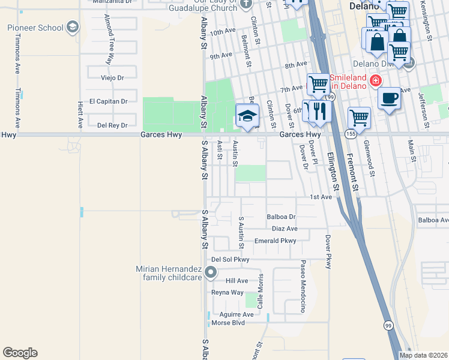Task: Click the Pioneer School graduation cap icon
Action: click(73, 28)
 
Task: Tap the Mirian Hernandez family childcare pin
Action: click(210, 273)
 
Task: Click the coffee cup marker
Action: click(389, 98)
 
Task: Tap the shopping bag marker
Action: click(378, 42)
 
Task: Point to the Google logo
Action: click(20, 353)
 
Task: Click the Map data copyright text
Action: click(423, 355)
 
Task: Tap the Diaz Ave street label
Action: click(285, 229)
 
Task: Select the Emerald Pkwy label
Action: click(276, 241)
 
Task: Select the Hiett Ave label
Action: click(80, 115)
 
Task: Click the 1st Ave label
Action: click(321, 197)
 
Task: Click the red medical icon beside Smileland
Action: click(375, 80)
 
